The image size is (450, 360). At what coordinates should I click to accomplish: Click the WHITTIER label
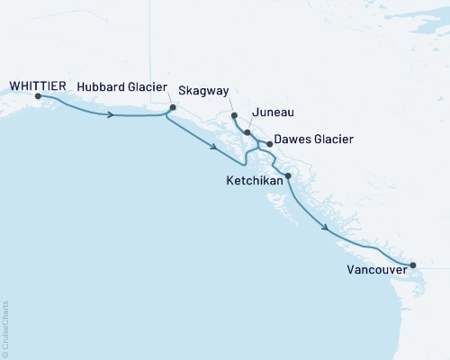tap(38, 85)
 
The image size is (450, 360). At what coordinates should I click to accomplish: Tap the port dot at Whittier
tap(38, 95)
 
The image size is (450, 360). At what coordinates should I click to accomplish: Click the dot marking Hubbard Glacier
tap(173, 107)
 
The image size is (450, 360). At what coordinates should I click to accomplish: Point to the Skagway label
tap(203, 91)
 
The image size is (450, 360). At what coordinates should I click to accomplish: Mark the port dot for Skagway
tap(234, 115)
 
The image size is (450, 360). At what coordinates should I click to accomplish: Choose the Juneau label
tap(275, 112)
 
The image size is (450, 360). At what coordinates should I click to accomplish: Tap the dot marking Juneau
tap(247, 132)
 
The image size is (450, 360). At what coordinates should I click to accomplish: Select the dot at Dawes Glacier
tap(270, 143)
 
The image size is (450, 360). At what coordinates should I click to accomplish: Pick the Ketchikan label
tap(255, 181)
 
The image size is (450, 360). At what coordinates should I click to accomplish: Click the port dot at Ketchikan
tap(288, 175)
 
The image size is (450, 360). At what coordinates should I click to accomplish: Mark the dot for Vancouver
tap(413, 265)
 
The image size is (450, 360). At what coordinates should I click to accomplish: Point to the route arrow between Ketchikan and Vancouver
tap(324, 229)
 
